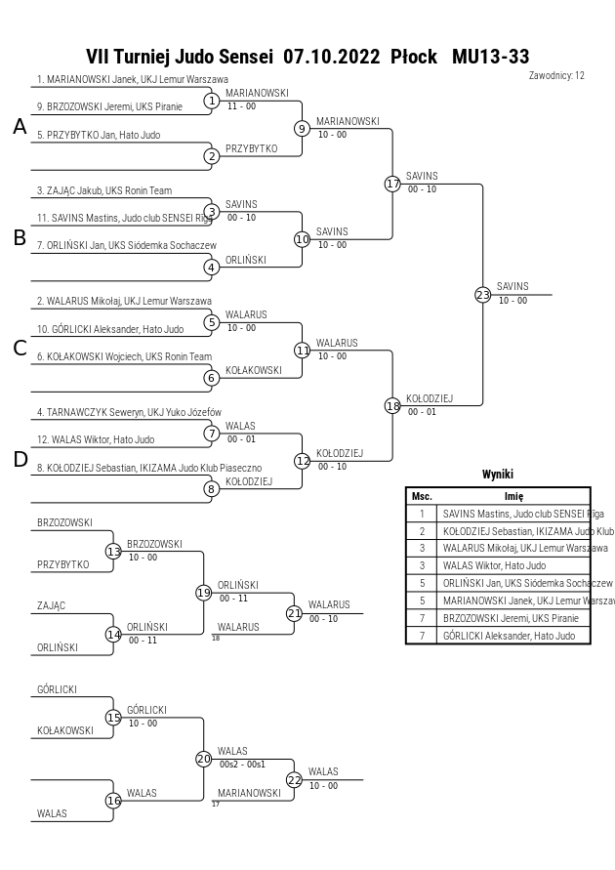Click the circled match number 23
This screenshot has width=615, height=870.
tap(482, 295)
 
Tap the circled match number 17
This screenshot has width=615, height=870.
tap(392, 184)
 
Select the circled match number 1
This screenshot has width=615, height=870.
tap(211, 101)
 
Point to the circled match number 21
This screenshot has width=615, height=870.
tap(294, 613)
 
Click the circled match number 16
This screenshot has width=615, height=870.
tap(113, 801)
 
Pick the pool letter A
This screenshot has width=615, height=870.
tap(20, 127)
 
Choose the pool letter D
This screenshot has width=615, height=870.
tap(20, 460)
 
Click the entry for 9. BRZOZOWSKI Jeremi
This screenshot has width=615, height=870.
tap(109, 106)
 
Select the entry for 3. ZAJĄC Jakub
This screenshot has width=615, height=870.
tap(104, 190)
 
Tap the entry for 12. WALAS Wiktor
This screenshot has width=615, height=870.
tap(96, 439)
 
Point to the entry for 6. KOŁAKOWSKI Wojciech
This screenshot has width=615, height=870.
tap(124, 356)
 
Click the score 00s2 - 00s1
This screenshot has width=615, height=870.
tap(242, 764)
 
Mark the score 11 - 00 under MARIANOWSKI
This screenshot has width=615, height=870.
tap(241, 106)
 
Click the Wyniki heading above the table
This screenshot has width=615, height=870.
tap(498, 474)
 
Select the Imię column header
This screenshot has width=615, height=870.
tap(513, 496)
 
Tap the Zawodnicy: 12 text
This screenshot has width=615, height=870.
tap(556, 75)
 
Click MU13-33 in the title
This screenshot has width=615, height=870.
tap(490, 56)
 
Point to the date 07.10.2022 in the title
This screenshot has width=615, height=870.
tap(332, 56)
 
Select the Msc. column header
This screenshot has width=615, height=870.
tap(422, 496)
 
